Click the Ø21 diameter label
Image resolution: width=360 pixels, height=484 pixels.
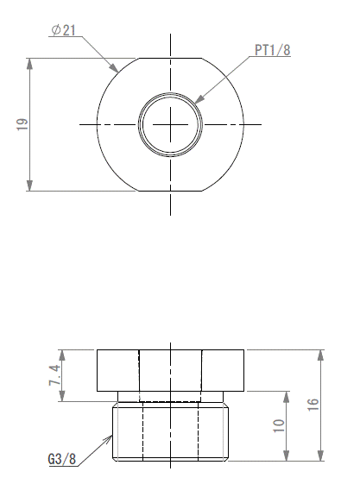coord(63,30)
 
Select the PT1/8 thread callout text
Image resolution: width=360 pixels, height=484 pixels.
coord(273,50)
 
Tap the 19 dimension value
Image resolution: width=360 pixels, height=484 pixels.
coord(22,124)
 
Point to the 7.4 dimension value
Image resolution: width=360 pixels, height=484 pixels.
coord(54,375)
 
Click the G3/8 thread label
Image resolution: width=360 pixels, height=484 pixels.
coord(62,459)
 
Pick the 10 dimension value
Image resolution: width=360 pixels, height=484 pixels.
coord(279,426)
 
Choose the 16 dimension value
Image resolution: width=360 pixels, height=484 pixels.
coord(313,405)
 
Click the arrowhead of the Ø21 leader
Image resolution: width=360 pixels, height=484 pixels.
coord(115,68)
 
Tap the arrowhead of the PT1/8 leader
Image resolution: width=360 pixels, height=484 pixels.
coord(199,98)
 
